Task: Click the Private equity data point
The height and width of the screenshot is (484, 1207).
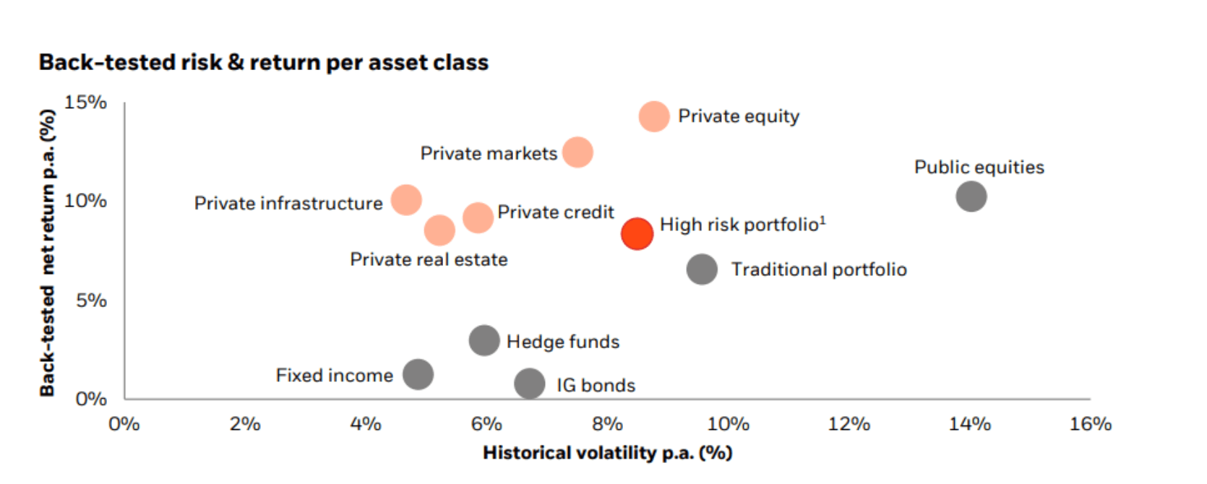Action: pyautogui.click(x=654, y=116)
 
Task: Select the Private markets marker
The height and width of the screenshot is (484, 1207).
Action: pyautogui.click(x=577, y=152)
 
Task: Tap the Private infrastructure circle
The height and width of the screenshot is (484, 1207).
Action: pyautogui.click(x=406, y=200)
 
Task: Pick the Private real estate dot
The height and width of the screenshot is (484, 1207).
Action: pyautogui.click(x=439, y=230)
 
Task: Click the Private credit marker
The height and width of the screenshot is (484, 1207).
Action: pyautogui.click(x=478, y=217)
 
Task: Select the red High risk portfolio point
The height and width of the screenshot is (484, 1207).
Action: pyautogui.click(x=637, y=233)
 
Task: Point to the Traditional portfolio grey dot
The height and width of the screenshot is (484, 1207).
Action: pyautogui.click(x=702, y=269)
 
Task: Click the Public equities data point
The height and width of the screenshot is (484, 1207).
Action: pyautogui.click(x=971, y=196)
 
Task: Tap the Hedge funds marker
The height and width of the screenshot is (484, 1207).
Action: pyautogui.click(x=484, y=340)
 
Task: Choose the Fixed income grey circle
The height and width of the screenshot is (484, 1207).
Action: pyautogui.click(x=418, y=374)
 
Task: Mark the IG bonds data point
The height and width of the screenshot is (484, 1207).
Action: pyautogui.click(x=530, y=384)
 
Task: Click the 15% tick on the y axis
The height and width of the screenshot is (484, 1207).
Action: pyautogui.click(x=85, y=103)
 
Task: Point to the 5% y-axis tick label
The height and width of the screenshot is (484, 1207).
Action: pyautogui.click(x=91, y=300)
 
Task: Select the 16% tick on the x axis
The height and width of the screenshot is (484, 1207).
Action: pyautogui.click(x=1090, y=424)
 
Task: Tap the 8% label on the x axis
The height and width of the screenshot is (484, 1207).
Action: pyautogui.click(x=607, y=424)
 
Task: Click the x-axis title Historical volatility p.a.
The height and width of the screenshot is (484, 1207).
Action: pyautogui.click(x=607, y=453)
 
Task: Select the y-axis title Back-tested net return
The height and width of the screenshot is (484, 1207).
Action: pyautogui.click(x=47, y=252)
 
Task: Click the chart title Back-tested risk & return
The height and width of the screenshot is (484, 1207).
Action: pyautogui.click(x=263, y=63)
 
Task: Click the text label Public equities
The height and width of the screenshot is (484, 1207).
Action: pyautogui.click(x=979, y=168)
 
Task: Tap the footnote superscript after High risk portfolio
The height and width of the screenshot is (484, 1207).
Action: pyautogui.click(x=822, y=220)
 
